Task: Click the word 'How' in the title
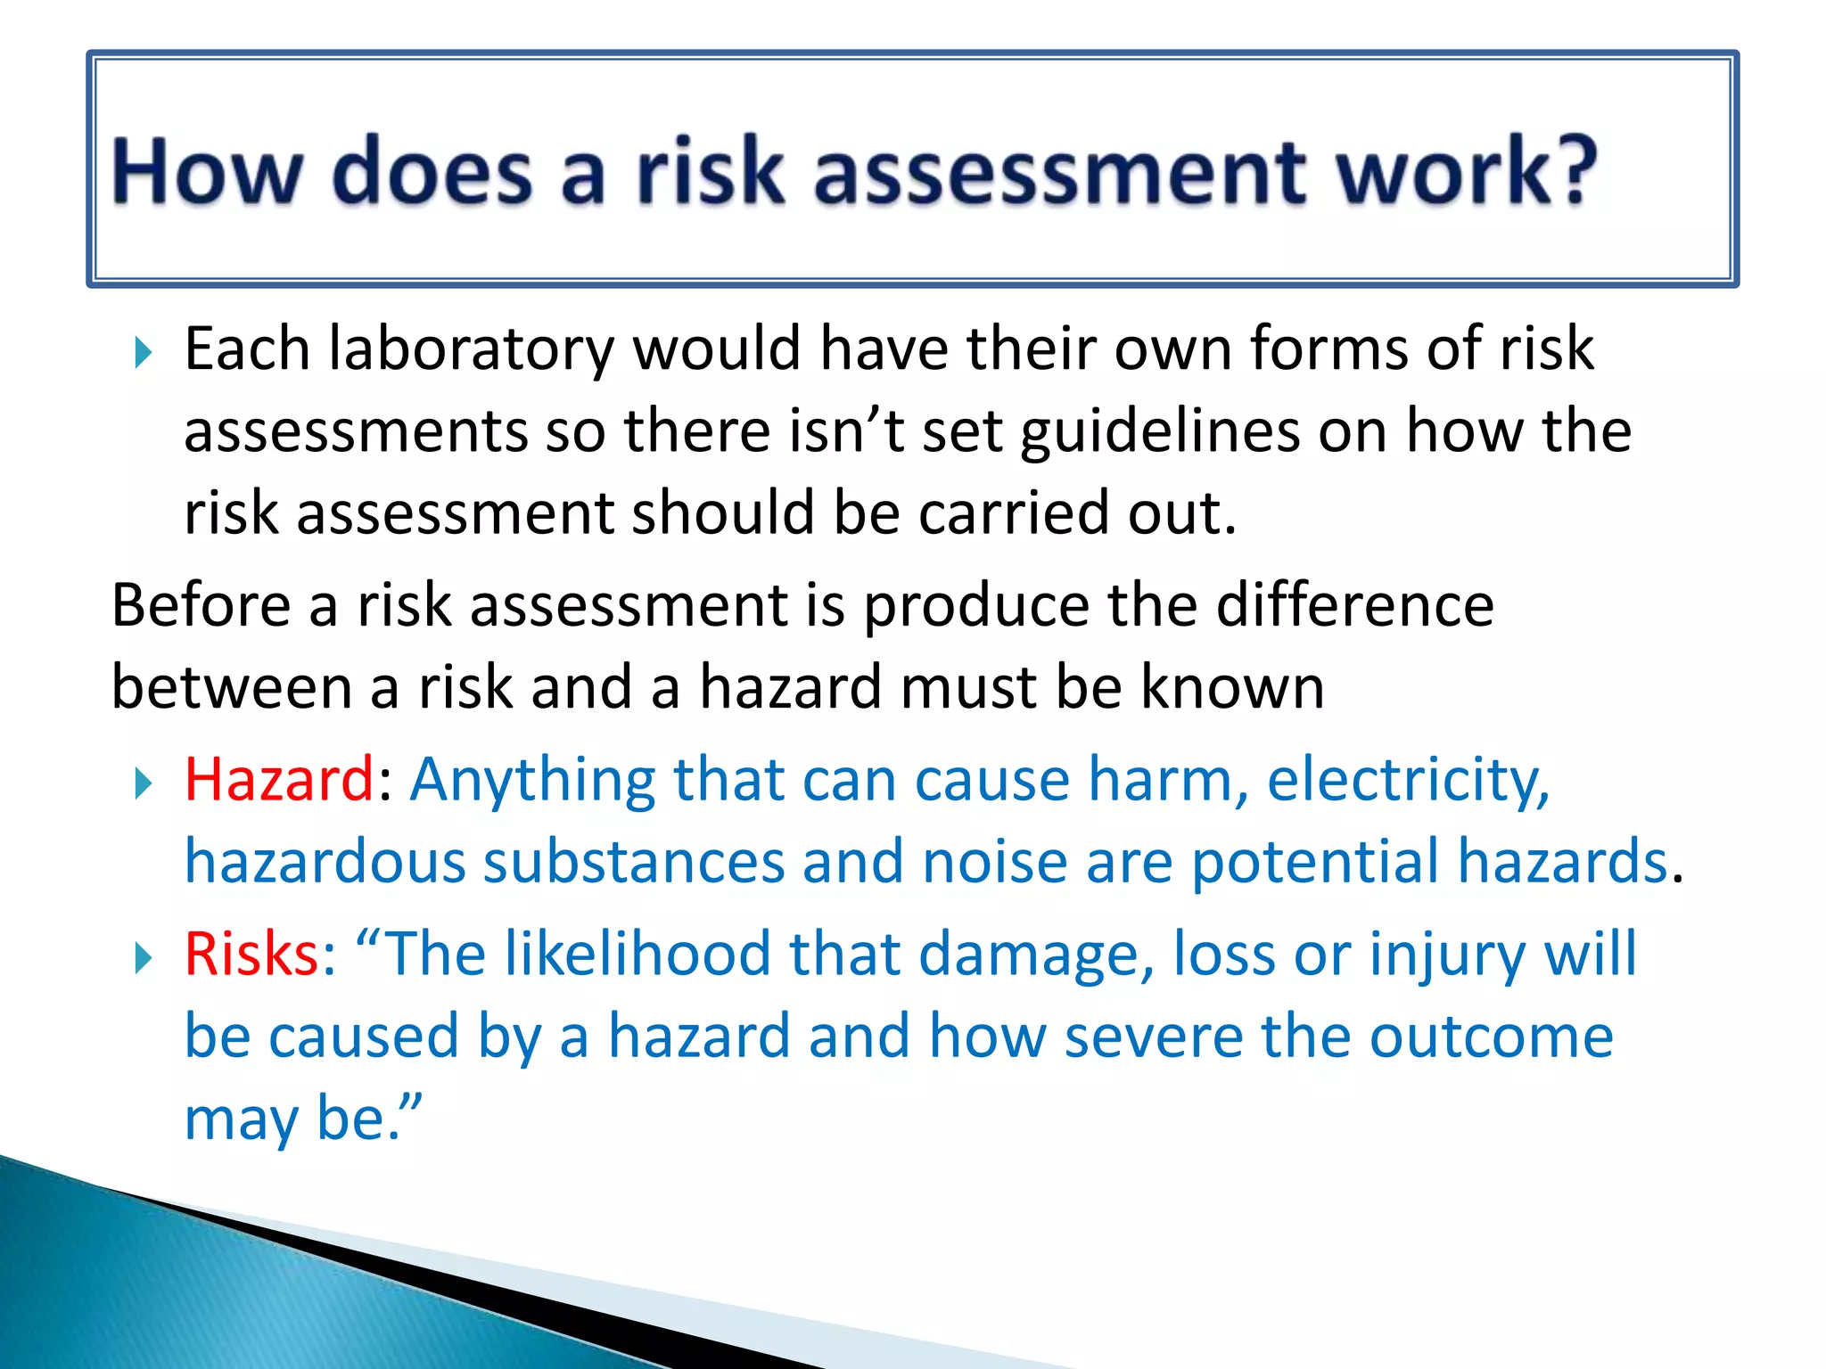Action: click(x=207, y=171)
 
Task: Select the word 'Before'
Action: click(x=201, y=606)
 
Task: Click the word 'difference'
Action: click(x=1355, y=606)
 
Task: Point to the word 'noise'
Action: click(x=995, y=863)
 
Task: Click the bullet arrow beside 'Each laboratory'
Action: click(x=143, y=353)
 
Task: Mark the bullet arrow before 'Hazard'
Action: click(x=143, y=784)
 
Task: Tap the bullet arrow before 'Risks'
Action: click(x=143, y=959)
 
